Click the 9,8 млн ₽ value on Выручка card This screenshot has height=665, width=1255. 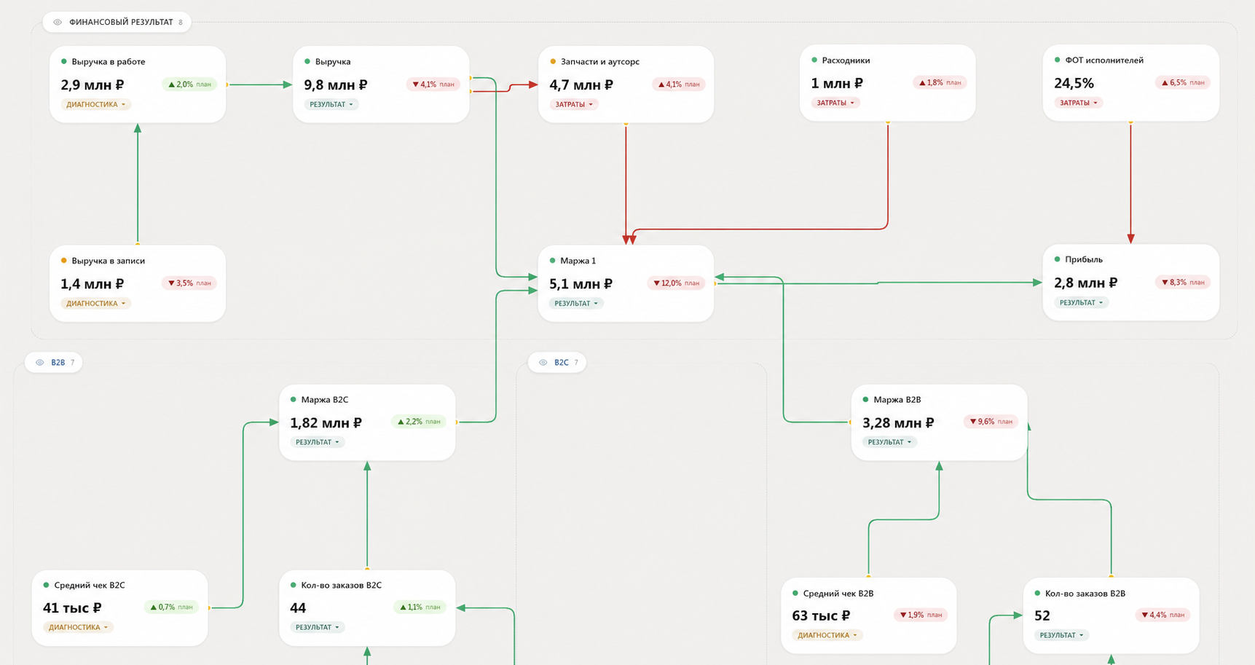336,85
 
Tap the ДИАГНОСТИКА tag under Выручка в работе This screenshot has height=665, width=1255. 95,105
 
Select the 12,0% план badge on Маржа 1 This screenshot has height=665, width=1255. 676,283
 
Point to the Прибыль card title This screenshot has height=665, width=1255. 1084,259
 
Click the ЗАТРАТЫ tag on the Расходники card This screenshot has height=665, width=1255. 835,103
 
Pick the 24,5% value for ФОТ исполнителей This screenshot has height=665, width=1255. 1074,83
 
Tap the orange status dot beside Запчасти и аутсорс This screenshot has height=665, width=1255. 553,62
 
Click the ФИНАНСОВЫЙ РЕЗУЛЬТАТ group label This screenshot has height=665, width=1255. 121,23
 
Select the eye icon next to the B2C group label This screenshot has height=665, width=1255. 543,363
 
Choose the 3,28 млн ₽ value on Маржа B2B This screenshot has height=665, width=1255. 898,423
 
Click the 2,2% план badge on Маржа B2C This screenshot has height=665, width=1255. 418,422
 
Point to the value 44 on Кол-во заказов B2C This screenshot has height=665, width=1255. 298,608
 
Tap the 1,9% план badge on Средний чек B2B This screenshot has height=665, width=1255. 921,615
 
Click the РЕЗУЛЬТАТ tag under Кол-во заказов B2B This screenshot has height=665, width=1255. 1061,636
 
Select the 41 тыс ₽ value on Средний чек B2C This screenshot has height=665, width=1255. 72,608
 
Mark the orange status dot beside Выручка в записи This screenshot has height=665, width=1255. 64,261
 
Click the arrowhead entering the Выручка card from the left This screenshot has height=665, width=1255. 287,85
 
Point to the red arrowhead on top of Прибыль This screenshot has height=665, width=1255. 1130,239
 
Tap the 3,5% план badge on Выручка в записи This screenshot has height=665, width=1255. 189,283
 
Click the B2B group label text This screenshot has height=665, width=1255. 58,363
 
